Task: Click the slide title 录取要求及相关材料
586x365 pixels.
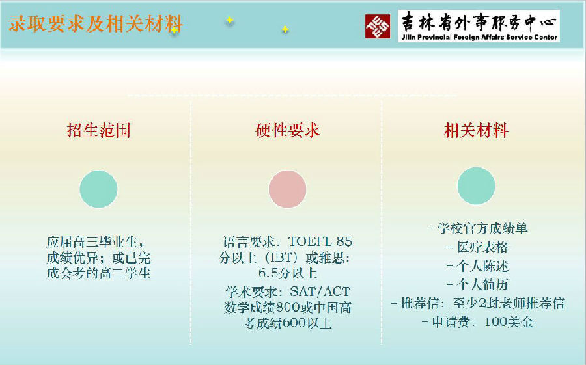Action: pyautogui.click(x=95, y=23)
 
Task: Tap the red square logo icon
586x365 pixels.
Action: pyautogui.click(x=378, y=26)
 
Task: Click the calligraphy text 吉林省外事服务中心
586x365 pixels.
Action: pyautogui.click(x=479, y=22)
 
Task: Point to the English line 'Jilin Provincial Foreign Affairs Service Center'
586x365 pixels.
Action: pyautogui.click(x=479, y=37)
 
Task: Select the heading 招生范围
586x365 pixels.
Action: pyautogui.click(x=99, y=130)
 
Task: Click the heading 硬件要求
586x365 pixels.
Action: pyautogui.click(x=288, y=130)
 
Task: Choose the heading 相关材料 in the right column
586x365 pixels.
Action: pyautogui.click(x=476, y=130)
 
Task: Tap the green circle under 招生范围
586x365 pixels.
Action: pyautogui.click(x=99, y=189)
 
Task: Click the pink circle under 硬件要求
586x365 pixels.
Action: pyautogui.click(x=287, y=189)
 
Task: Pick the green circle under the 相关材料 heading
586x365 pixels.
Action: pyautogui.click(x=477, y=185)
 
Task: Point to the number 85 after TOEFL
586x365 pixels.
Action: pyautogui.click(x=344, y=242)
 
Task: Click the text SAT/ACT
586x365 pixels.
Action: pyautogui.click(x=320, y=291)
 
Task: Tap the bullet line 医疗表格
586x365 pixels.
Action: pyautogui.click(x=477, y=247)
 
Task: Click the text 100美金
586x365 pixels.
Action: pyautogui.click(x=509, y=321)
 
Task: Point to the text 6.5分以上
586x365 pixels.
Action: pyautogui.click(x=288, y=273)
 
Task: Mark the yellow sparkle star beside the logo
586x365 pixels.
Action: pyautogui.click(x=285, y=29)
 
